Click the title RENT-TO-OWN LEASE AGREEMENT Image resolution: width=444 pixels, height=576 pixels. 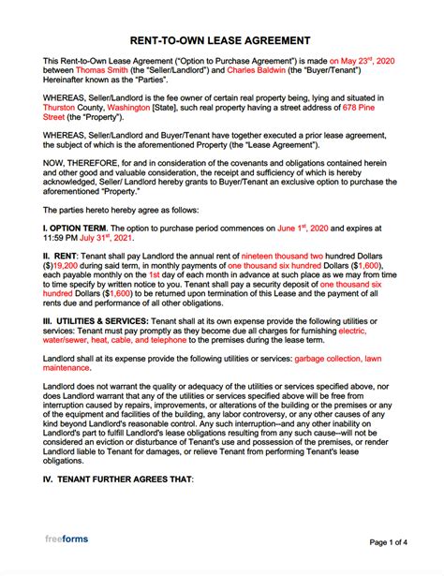(222, 40)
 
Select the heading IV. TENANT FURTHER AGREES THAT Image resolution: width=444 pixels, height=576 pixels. (117, 507)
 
